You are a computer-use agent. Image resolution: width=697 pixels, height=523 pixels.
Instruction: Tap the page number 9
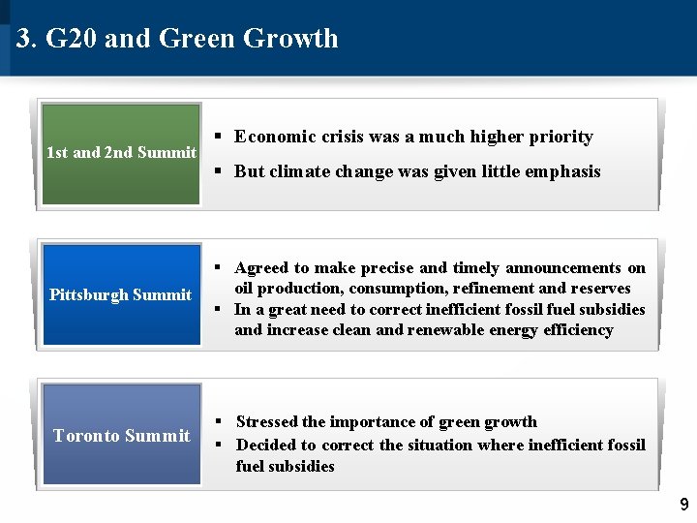(x=683, y=505)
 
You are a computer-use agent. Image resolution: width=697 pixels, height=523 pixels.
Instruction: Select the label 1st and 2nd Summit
(x=121, y=152)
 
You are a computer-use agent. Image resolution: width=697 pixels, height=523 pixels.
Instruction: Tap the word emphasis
(x=561, y=171)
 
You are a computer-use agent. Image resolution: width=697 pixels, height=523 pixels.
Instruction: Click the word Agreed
(x=259, y=268)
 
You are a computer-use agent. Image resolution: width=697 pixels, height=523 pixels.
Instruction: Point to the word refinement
(x=501, y=289)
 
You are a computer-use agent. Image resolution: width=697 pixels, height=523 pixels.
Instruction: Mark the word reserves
(x=601, y=289)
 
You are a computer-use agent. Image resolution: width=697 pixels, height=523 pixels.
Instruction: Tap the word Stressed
(x=267, y=421)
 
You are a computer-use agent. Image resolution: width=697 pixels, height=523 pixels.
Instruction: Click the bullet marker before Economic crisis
(x=220, y=137)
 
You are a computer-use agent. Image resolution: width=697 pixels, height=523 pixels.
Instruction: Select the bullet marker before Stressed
(x=220, y=421)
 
